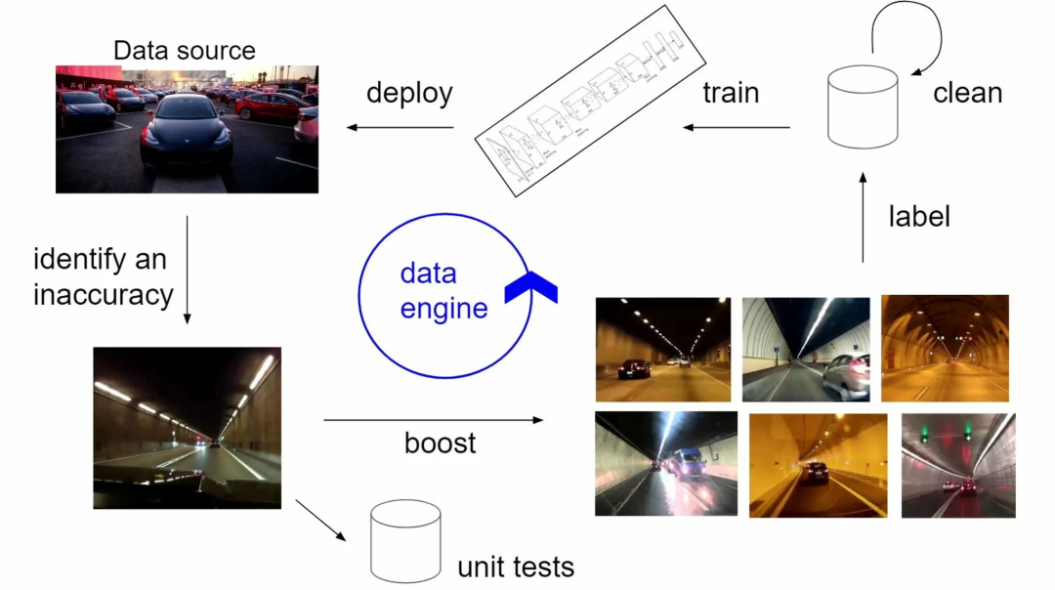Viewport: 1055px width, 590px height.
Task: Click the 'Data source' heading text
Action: point(185,51)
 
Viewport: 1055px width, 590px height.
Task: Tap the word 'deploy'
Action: point(409,94)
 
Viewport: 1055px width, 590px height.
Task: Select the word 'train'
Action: point(731,94)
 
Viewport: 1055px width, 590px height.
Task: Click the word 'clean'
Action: point(967,94)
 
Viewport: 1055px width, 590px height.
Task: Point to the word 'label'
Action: point(919,216)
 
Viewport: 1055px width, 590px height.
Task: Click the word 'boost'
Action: point(440,442)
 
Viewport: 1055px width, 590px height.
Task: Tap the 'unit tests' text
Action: point(516,566)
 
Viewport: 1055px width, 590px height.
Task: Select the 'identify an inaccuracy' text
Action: point(104,276)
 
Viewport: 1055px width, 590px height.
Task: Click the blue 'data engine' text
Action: point(443,291)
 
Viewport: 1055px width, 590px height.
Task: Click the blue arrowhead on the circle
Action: point(530,287)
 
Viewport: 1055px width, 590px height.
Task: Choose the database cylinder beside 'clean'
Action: point(863,107)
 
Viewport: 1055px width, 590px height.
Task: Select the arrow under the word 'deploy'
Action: point(401,127)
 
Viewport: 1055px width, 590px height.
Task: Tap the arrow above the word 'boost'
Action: point(433,420)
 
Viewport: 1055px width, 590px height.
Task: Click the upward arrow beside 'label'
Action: point(863,216)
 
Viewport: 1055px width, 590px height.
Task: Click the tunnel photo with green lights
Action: point(957,465)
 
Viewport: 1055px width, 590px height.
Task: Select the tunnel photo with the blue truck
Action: point(665,463)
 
